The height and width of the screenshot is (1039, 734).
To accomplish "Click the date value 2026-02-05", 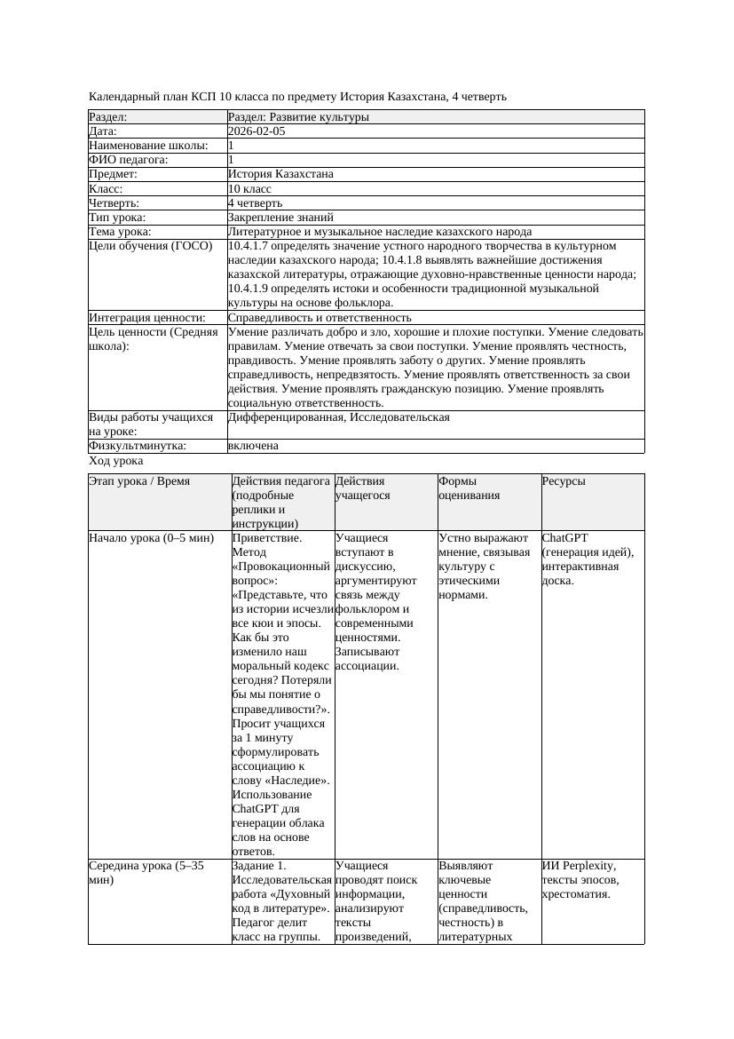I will (257, 131).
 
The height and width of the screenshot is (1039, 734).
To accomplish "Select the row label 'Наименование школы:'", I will (149, 146).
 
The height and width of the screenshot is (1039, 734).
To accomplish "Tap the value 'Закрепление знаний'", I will (280, 217).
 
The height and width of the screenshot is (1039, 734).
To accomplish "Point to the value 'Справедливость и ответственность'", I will (320, 317).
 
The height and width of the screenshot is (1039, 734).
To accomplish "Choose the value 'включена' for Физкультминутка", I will (253, 446).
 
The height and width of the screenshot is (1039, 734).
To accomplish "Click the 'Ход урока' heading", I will (116, 461).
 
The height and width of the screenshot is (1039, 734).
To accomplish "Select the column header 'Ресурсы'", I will (564, 481).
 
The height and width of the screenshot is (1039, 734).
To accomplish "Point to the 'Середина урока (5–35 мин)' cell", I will (146, 872).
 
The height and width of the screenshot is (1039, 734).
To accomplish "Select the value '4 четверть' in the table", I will (255, 202).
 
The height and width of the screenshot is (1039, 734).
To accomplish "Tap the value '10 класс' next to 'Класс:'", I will (249, 188).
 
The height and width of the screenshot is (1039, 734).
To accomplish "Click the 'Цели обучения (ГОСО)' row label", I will (151, 246).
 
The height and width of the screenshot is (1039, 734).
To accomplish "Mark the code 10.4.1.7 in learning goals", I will (252, 246).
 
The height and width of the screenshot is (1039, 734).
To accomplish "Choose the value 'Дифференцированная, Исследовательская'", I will (338, 417).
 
